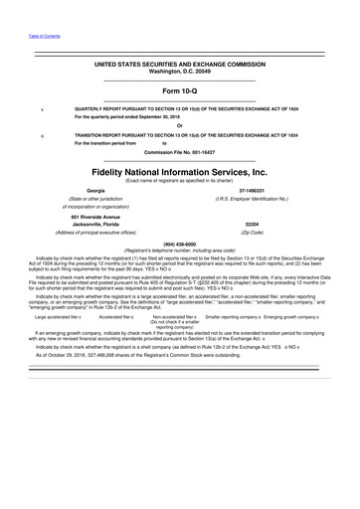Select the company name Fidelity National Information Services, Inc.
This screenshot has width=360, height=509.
click(179, 170)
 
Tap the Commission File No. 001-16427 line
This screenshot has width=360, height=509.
click(179, 151)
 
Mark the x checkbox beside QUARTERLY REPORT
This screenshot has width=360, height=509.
click(41, 108)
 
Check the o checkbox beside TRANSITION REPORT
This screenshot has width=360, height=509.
click(41, 134)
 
